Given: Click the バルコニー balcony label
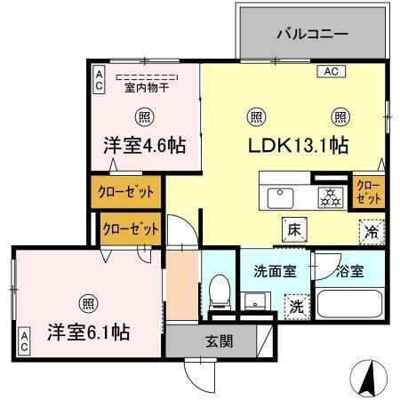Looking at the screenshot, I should click(310, 36).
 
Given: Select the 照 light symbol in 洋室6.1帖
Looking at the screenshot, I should click(86, 300).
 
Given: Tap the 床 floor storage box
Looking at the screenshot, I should click(292, 228).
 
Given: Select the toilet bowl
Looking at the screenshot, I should click(220, 292).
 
